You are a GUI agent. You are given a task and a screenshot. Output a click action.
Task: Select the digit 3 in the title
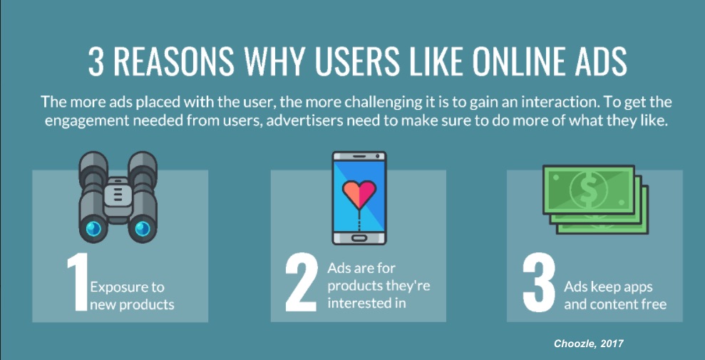point(96,63)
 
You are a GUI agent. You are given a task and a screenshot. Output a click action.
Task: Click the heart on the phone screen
point(359,194)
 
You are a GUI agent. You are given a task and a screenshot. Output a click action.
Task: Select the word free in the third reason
point(653,304)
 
